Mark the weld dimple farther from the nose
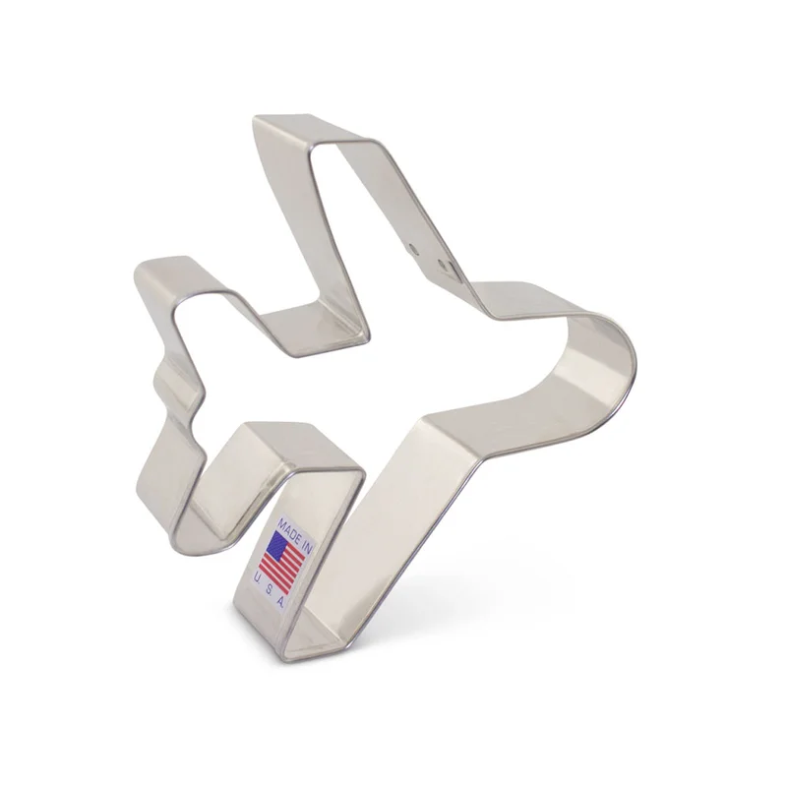click(x=413, y=248)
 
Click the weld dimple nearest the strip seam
click(x=441, y=263)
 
